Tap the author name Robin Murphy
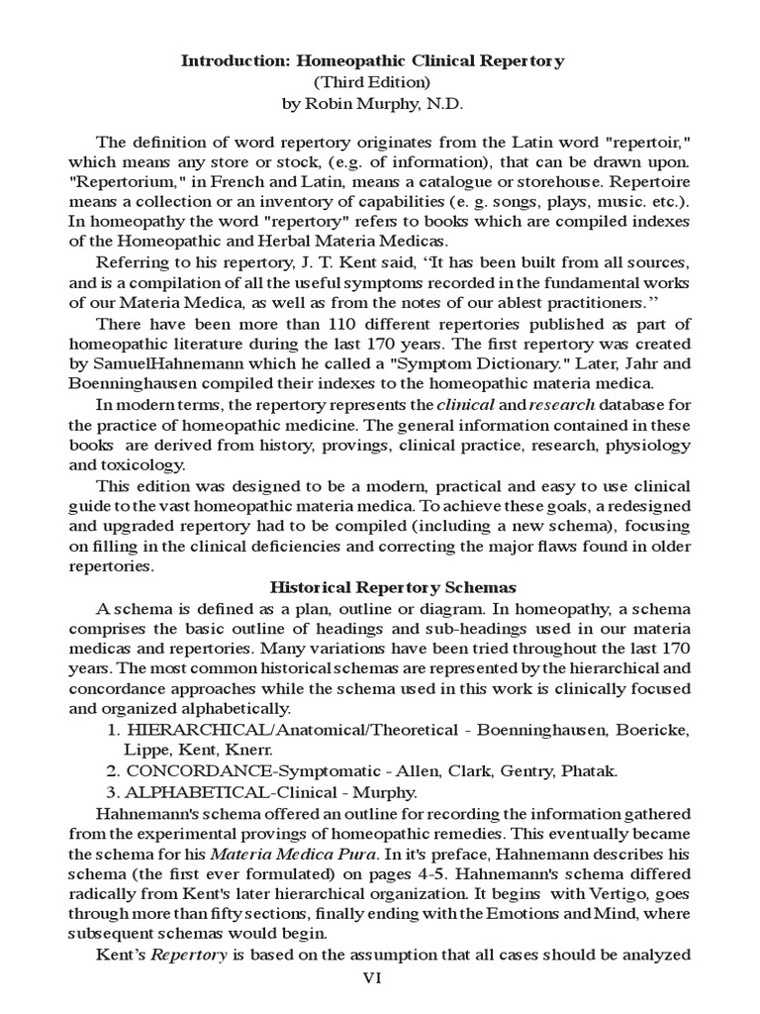coord(363,103)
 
